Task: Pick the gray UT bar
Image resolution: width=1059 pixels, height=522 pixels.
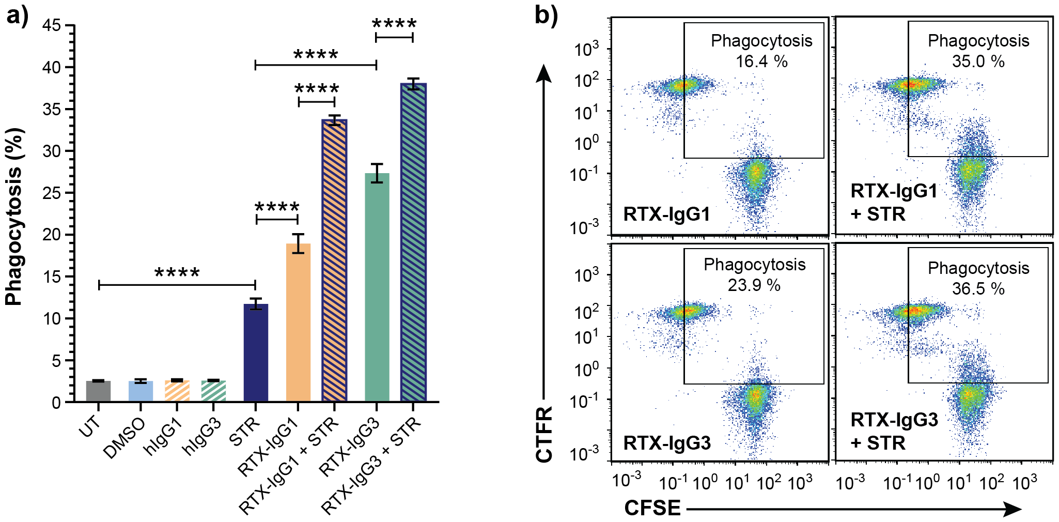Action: tap(98, 391)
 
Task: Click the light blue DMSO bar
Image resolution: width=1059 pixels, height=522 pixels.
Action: tap(141, 391)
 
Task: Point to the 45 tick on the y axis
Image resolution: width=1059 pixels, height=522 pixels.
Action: tap(52, 25)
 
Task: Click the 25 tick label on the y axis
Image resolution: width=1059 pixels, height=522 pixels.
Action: tap(52, 193)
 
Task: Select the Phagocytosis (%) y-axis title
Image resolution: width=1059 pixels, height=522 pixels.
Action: tap(14, 217)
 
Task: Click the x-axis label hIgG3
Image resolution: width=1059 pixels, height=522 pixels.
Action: tap(201, 437)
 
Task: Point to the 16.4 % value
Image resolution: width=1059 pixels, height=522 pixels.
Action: tap(761, 62)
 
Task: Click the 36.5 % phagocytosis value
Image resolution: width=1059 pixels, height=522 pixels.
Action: tap(978, 288)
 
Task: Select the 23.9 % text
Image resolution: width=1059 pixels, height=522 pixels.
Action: tap(754, 285)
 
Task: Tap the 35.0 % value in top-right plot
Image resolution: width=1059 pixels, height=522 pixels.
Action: tap(978, 62)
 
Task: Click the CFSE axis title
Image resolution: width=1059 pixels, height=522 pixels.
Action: tap(652, 508)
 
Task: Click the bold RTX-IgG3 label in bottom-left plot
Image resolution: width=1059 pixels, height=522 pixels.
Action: tap(667, 443)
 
